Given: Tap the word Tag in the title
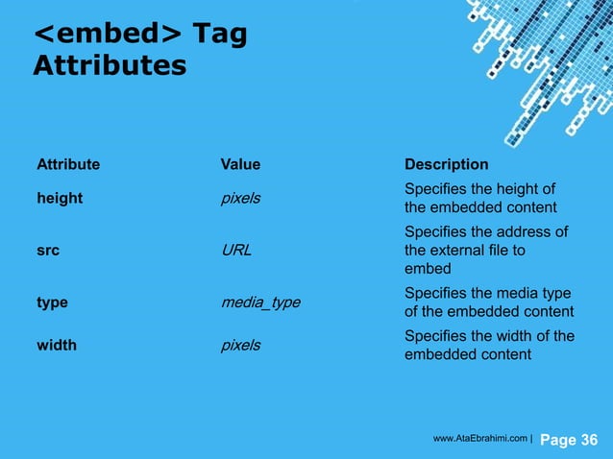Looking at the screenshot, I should point(220,36).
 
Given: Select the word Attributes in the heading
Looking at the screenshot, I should point(109,66).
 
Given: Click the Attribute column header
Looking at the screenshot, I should point(68,164).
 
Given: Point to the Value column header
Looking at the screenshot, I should point(240,164).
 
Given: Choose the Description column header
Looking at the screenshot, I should point(447,164).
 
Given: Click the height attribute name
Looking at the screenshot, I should point(60,198).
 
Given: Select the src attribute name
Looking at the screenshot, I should point(48,251).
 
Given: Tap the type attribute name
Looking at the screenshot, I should point(53,302).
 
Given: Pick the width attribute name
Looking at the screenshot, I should point(57,345).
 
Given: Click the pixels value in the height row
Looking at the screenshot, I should point(241,198).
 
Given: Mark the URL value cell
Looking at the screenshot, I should point(236,251).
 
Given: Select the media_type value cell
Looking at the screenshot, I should point(260,302).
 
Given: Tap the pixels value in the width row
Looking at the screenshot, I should point(241,345).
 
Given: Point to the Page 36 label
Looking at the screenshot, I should point(570,440).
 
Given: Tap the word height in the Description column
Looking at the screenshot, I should point(519,188).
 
